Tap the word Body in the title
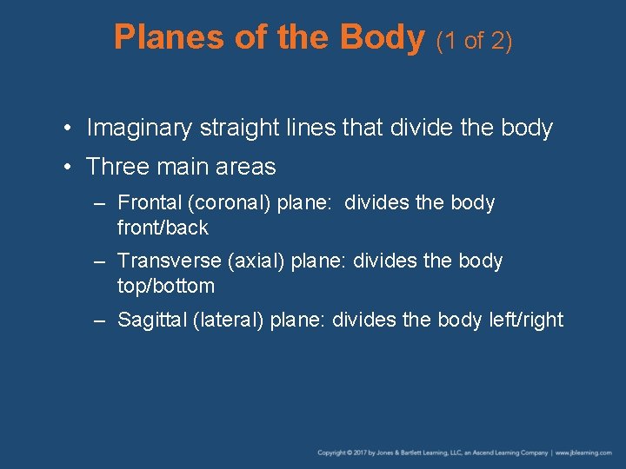(x=382, y=37)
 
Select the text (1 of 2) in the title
(x=474, y=40)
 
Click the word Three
(x=117, y=167)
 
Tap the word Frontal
(x=149, y=203)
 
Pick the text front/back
(x=163, y=228)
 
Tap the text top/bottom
(x=165, y=286)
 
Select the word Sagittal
(x=150, y=320)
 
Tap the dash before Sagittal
(x=100, y=320)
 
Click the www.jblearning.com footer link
(x=585, y=452)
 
